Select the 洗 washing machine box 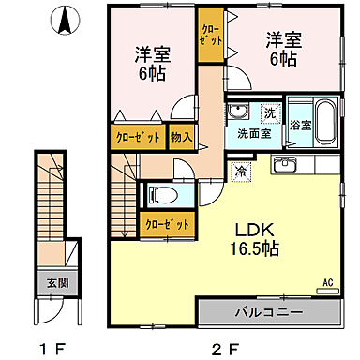(x=269, y=113)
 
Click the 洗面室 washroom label (x=253, y=133)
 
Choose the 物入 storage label (x=182, y=137)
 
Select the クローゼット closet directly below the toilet (x=168, y=224)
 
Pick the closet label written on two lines (x=211, y=35)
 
